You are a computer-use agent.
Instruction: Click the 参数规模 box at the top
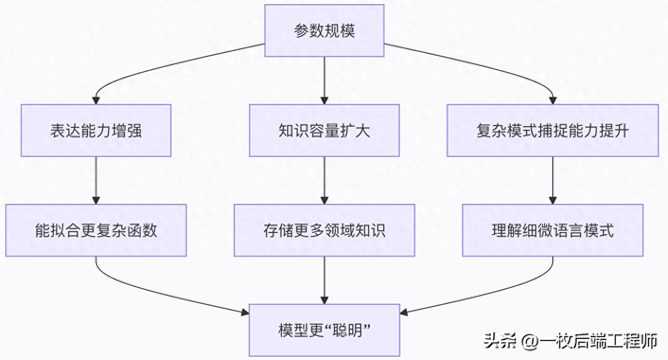coord(324,31)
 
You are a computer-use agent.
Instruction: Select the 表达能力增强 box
coord(96,130)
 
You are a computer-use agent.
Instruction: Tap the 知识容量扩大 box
coord(324,130)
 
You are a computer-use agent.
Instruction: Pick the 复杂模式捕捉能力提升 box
coord(553,130)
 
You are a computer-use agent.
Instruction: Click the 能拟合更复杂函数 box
coord(96,230)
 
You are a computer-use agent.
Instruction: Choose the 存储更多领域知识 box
coord(324,230)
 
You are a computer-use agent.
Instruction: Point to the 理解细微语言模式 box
coord(553,230)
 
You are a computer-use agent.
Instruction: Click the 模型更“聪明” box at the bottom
coord(324,330)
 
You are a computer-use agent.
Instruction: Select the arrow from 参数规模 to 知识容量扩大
coord(324,80)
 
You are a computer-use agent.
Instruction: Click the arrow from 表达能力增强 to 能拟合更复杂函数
coord(96,180)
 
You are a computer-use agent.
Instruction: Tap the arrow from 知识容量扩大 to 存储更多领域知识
coord(324,180)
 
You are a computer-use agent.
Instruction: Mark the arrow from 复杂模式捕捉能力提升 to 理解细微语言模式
coord(553,180)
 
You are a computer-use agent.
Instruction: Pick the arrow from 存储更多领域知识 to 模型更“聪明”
coord(324,280)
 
